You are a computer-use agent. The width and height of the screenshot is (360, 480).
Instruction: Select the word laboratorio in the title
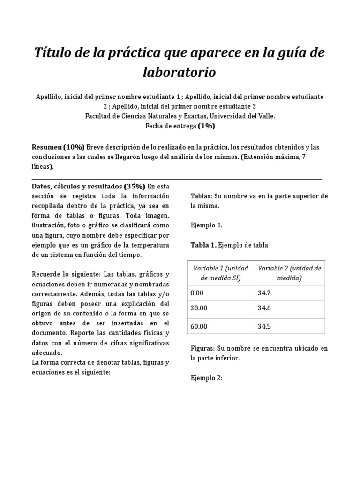click(180, 73)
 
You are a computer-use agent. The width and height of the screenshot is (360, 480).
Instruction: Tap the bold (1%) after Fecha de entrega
click(206, 126)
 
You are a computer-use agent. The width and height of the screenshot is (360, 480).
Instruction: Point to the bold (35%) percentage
click(135, 186)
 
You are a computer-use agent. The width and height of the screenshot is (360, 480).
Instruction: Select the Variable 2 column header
click(289, 273)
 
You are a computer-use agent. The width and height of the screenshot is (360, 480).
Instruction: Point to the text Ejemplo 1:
click(206, 225)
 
